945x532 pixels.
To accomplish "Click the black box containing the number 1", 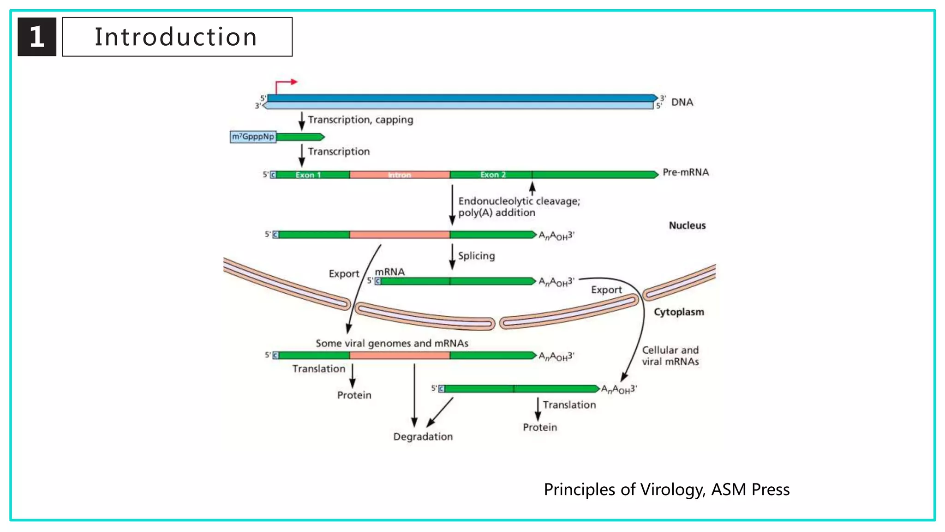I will pyautogui.click(x=37, y=37).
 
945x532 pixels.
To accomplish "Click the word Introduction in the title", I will pyautogui.click(x=176, y=37).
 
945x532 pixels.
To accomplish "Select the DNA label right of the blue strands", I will pyautogui.click(x=682, y=102).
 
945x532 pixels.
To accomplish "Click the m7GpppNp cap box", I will pyautogui.click(x=253, y=137).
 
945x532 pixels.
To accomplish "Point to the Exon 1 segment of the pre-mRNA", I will pyautogui.click(x=308, y=175).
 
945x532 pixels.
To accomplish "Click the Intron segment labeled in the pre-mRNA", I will pyautogui.click(x=399, y=175).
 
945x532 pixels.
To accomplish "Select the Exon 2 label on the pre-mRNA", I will pyautogui.click(x=493, y=175).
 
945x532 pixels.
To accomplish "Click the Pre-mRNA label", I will pyautogui.click(x=686, y=172).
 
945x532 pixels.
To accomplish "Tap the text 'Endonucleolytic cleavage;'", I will pyautogui.click(x=519, y=201).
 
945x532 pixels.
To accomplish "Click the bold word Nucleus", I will pyautogui.click(x=687, y=225).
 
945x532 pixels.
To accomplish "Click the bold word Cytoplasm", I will pyautogui.click(x=679, y=312).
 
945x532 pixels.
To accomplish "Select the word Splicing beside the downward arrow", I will pyautogui.click(x=476, y=256).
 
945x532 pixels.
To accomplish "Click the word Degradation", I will pyautogui.click(x=423, y=436).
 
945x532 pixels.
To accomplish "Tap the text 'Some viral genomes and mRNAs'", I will pyautogui.click(x=392, y=343).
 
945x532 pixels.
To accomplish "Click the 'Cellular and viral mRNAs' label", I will pyautogui.click(x=670, y=356).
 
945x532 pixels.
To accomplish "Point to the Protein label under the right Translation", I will pyautogui.click(x=539, y=427).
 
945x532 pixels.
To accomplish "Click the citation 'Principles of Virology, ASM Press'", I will pyautogui.click(x=666, y=490).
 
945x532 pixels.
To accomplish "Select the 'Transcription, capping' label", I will pyautogui.click(x=360, y=120).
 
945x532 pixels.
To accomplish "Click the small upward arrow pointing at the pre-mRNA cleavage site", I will pyautogui.click(x=532, y=188).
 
